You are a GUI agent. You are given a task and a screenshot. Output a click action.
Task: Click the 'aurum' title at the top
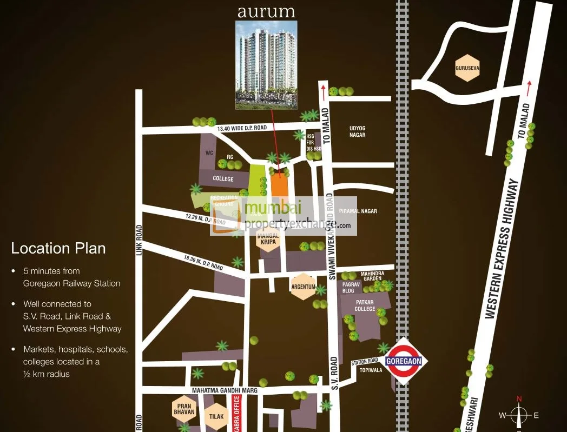point(266,11)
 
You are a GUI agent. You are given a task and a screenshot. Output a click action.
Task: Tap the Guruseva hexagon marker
point(467,68)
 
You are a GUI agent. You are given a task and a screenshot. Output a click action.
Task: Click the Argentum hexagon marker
point(304,287)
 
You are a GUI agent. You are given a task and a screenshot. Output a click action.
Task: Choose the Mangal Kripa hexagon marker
point(269,238)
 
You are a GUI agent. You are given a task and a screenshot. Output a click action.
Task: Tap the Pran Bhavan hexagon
point(183,409)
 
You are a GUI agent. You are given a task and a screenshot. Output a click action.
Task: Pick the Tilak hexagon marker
point(216,417)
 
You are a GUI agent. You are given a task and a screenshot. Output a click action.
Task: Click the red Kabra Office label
point(235,413)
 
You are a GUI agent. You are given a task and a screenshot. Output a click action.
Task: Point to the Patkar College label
point(365,305)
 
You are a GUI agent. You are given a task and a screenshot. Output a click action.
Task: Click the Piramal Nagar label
point(358,211)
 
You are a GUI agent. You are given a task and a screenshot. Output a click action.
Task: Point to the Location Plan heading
point(58,249)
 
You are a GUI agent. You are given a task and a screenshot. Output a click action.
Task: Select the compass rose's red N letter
point(519,399)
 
